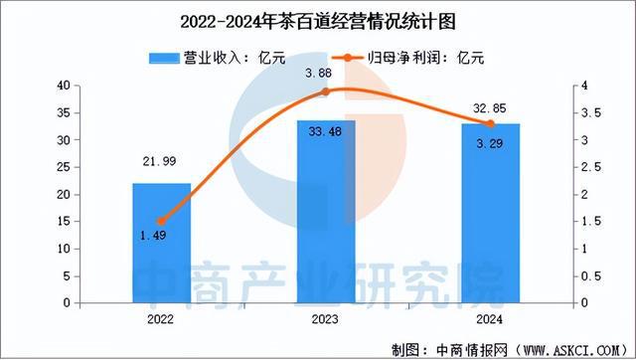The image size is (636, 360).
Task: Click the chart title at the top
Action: [318, 19]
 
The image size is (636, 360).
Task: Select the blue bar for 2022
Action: [161, 243]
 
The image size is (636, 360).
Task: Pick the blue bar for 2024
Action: [492, 213]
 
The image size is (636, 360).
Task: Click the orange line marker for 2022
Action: [161, 221]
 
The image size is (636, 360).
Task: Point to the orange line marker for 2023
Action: [326, 92]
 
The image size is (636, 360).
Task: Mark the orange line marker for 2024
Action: [491, 123]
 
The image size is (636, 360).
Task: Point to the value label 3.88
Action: [327, 73]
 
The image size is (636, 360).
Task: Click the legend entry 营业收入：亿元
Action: [209, 58]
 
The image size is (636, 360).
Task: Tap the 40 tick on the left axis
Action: [63, 87]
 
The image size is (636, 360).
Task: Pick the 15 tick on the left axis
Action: [63, 221]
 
